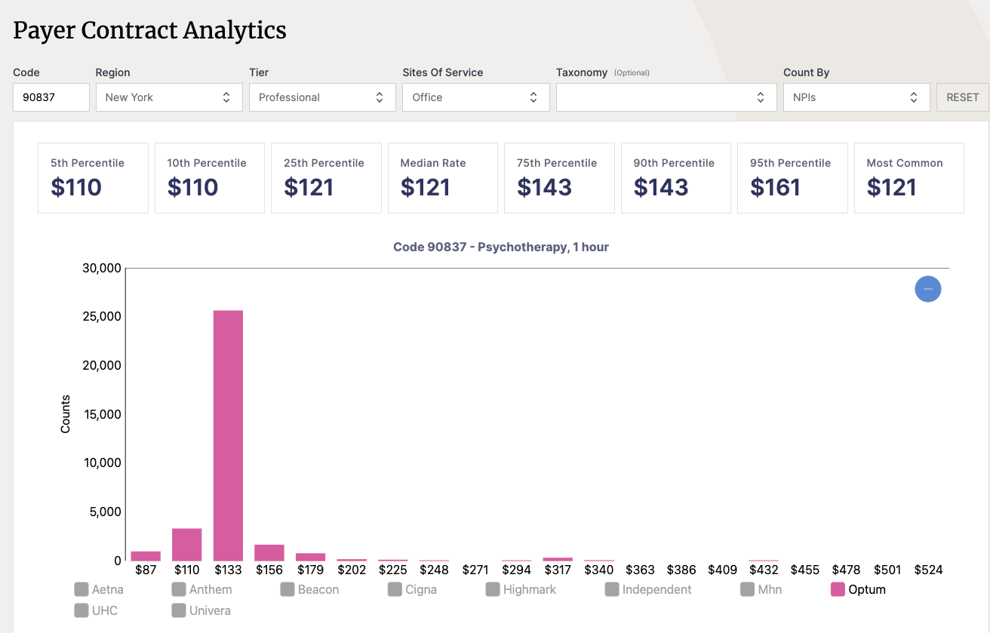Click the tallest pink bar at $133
pyautogui.click(x=228, y=435)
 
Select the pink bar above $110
pyautogui.click(x=186, y=544)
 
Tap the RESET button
pyautogui.click(x=962, y=97)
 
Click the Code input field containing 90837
pyautogui.click(x=51, y=97)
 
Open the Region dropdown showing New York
pyautogui.click(x=169, y=97)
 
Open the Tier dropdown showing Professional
pyautogui.click(x=322, y=97)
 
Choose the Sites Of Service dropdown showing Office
pyautogui.click(x=475, y=97)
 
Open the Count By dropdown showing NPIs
pyautogui.click(x=856, y=97)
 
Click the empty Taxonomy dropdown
pyautogui.click(x=666, y=97)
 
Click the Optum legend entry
pyautogui.click(x=859, y=589)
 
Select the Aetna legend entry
pyautogui.click(x=100, y=589)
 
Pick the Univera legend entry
pyautogui.click(x=201, y=610)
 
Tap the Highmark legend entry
pyautogui.click(x=521, y=589)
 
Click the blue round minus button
pyautogui.click(x=927, y=289)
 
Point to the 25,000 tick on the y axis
pyautogui.click(x=102, y=316)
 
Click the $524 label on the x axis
pyautogui.click(x=928, y=570)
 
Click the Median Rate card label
pyautogui.click(x=433, y=163)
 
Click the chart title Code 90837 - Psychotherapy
pyautogui.click(x=500, y=247)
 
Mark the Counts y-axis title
pyautogui.click(x=66, y=413)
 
